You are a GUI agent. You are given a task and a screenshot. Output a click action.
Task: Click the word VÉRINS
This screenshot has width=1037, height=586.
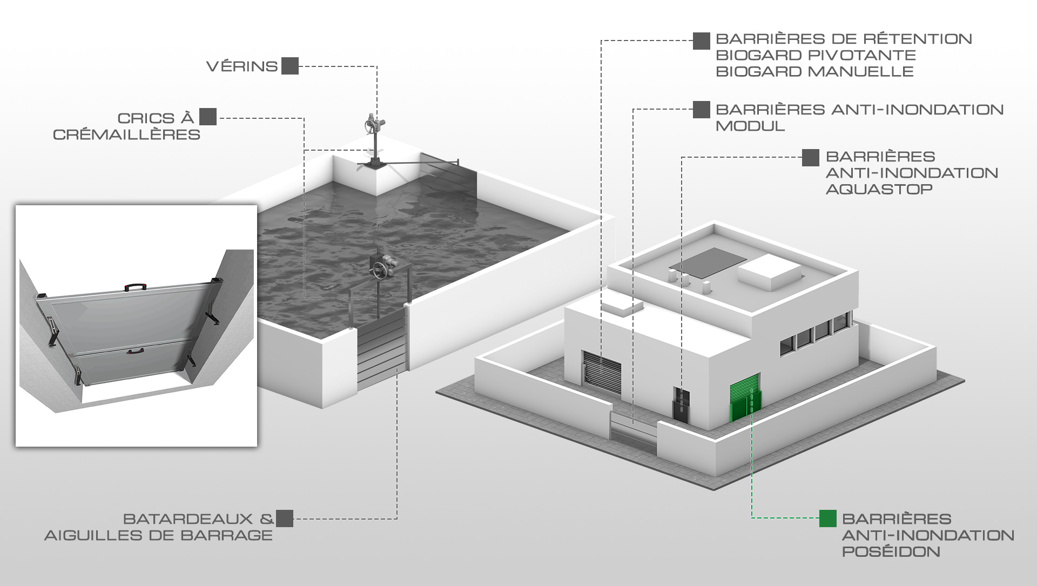[242, 66]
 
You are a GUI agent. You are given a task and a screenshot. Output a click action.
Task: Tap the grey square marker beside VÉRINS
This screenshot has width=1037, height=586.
[290, 66]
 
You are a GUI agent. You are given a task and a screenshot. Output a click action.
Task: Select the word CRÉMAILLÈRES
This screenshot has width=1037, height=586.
[126, 134]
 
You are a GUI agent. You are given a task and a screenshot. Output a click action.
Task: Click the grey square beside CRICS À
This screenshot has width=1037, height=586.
[208, 117]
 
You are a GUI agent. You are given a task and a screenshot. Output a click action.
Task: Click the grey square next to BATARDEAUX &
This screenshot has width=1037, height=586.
[285, 518]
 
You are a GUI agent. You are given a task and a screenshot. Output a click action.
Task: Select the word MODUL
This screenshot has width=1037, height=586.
[750, 126]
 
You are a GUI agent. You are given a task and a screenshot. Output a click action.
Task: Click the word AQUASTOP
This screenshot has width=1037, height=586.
[879, 189]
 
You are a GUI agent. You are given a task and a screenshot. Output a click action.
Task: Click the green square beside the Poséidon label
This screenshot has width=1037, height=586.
[827, 518]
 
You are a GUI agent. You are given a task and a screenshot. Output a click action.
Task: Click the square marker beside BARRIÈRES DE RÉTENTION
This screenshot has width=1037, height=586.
[702, 41]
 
